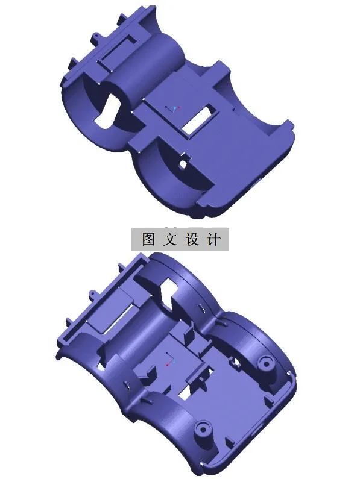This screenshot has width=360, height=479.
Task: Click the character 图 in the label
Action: click(x=149, y=239)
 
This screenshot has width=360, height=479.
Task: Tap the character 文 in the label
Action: click(x=170, y=239)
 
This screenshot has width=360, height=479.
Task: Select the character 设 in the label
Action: click(x=192, y=239)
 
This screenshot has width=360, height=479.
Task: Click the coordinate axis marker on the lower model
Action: click(x=168, y=363)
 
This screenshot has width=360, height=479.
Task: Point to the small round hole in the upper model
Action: click(x=183, y=163)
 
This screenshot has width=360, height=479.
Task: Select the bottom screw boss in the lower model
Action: click(x=201, y=430)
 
